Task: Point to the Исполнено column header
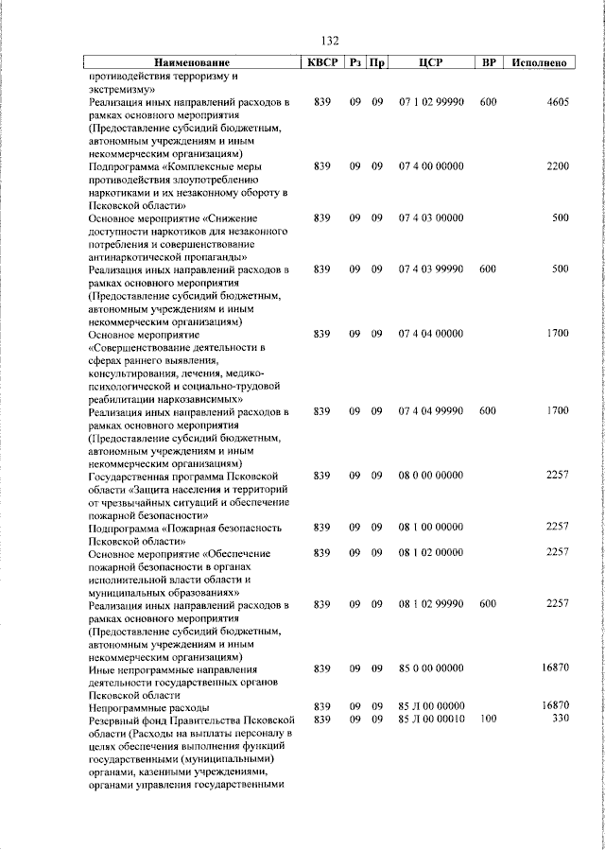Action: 538,62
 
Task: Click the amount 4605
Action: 557,101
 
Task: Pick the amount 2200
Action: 557,166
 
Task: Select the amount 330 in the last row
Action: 560,719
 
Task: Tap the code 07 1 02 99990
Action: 431,101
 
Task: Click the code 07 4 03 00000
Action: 431,218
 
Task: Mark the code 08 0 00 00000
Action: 431,476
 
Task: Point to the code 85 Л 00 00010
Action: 431,719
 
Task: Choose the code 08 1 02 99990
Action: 431,604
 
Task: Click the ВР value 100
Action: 488,719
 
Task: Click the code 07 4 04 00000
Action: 431,334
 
